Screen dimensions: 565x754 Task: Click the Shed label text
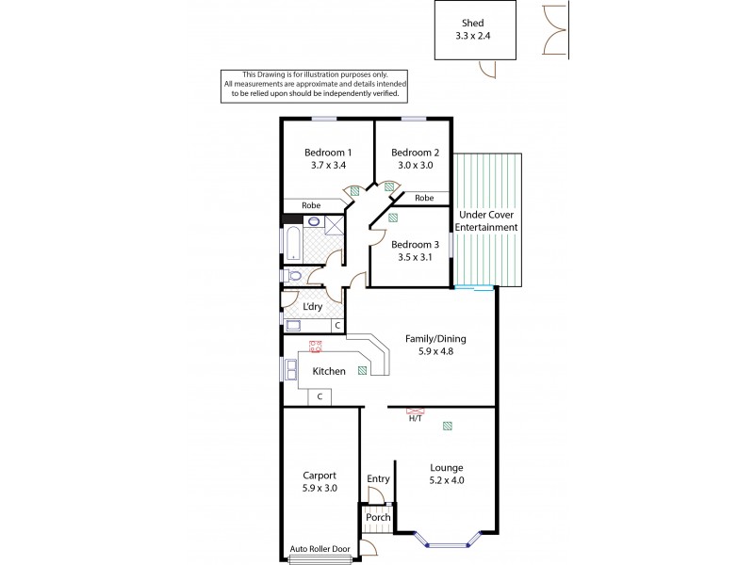point(474,24)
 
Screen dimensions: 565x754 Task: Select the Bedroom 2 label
point(415,153)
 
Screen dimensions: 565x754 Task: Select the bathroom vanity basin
point(314,222)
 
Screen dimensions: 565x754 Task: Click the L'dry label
point(312,307)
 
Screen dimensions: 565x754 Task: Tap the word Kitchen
point(329,371)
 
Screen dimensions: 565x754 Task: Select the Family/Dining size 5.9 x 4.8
point(435,352)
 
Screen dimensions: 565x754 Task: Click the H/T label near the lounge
point(415,419)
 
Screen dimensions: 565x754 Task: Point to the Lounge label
point(447,466)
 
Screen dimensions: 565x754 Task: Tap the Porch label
point(377,517)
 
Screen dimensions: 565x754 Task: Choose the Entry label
point(378,479)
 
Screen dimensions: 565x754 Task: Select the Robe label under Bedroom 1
point(312,204)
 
